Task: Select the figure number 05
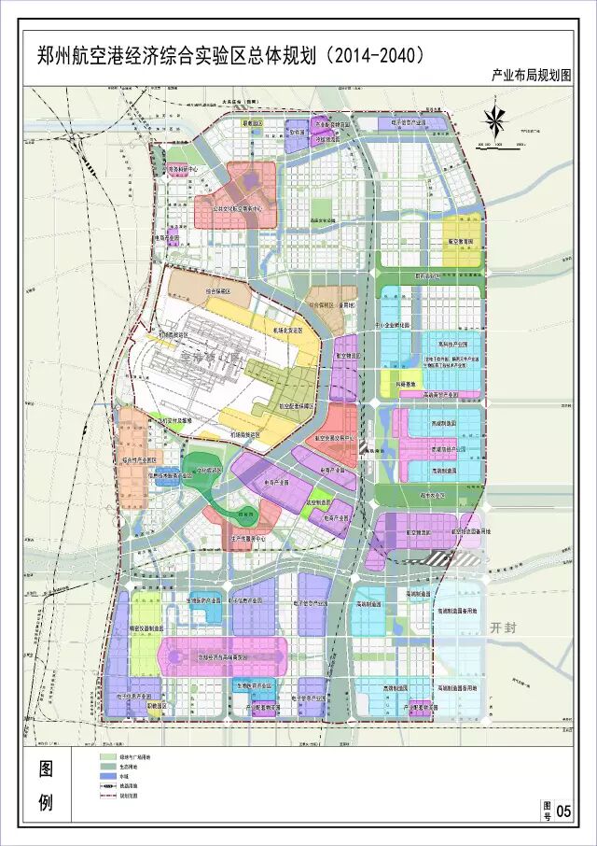[562, 811]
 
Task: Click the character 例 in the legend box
[47, 802]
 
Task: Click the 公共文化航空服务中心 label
[233, 210]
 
